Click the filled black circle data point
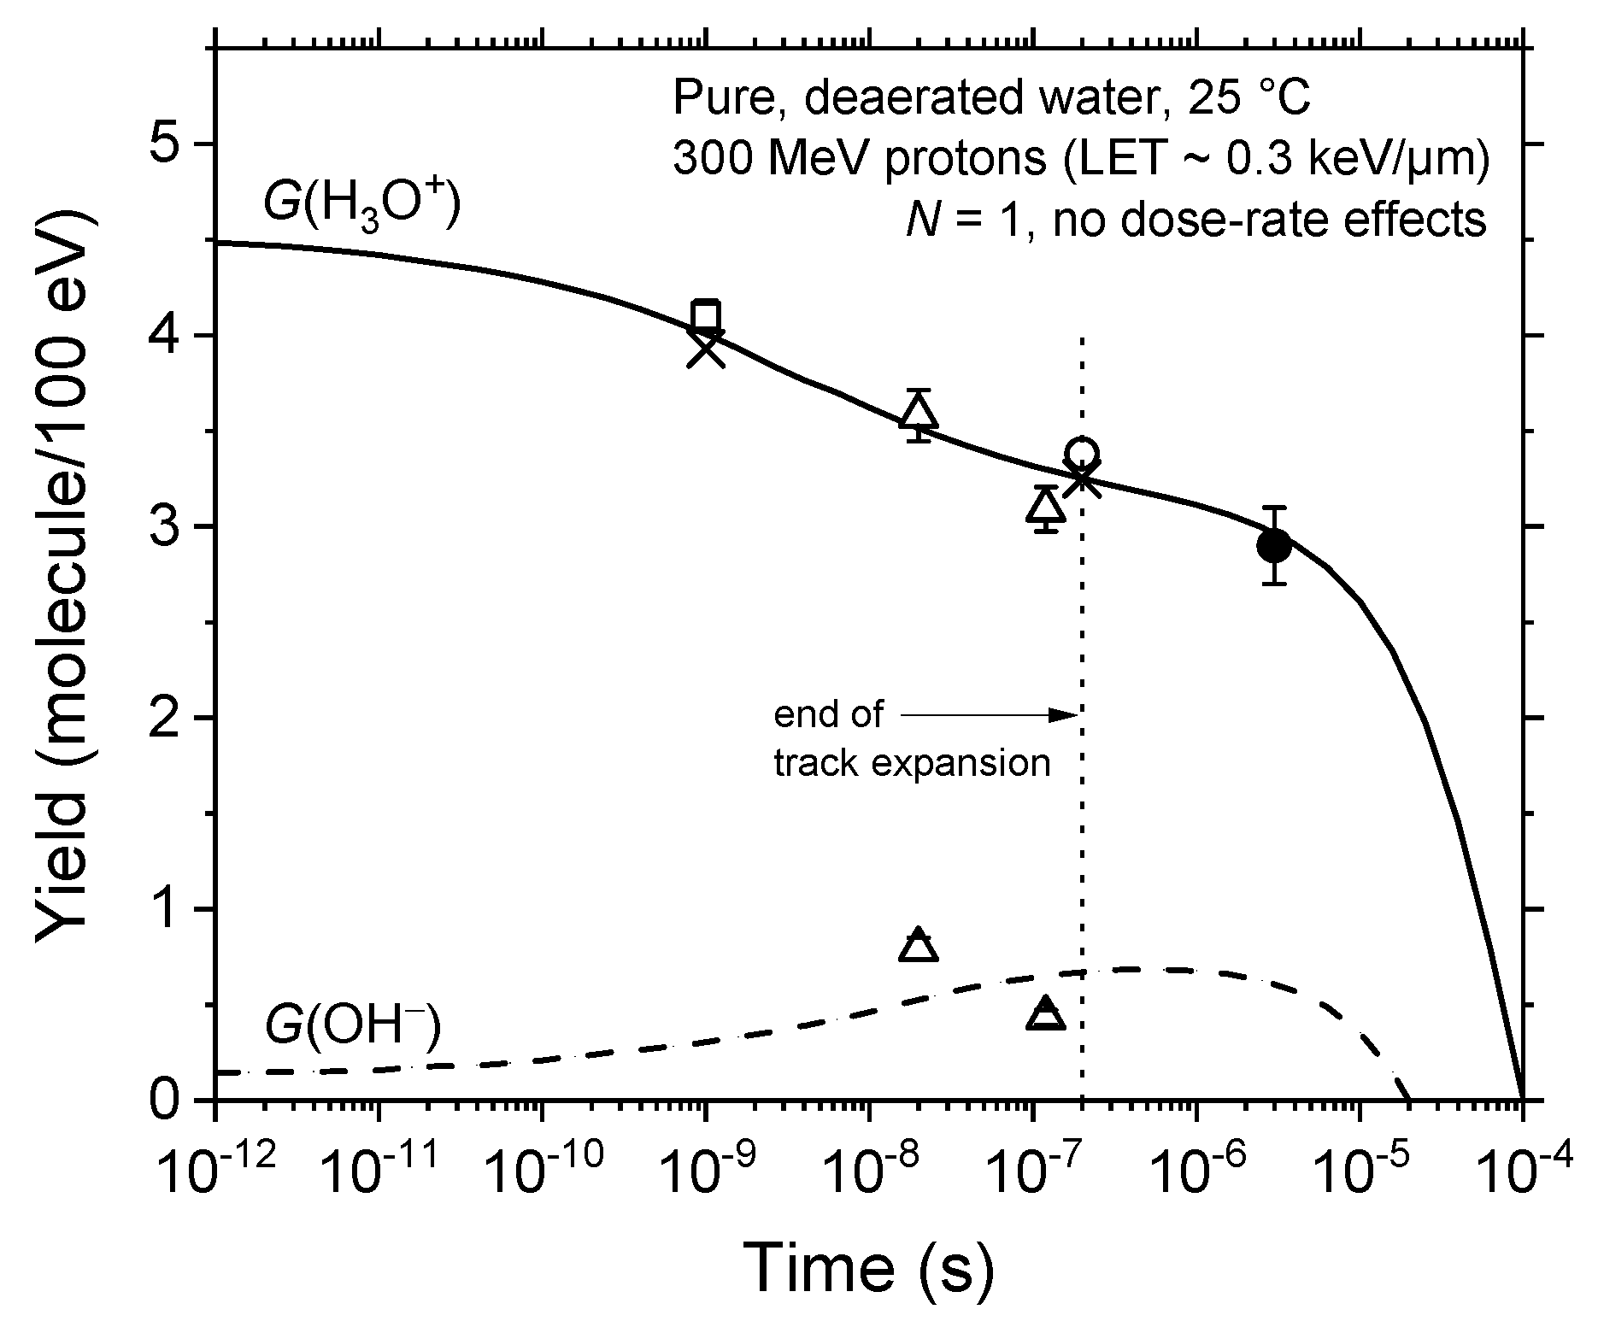[x=1274, y=545]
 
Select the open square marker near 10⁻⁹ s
[x=706, y=314]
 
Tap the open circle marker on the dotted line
[x=1083, y=453]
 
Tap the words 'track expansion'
[x=912, y=762]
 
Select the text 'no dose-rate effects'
[x=1269, y=220]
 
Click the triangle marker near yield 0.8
[x=919, y=946]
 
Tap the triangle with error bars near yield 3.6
[x=919, y=414]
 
